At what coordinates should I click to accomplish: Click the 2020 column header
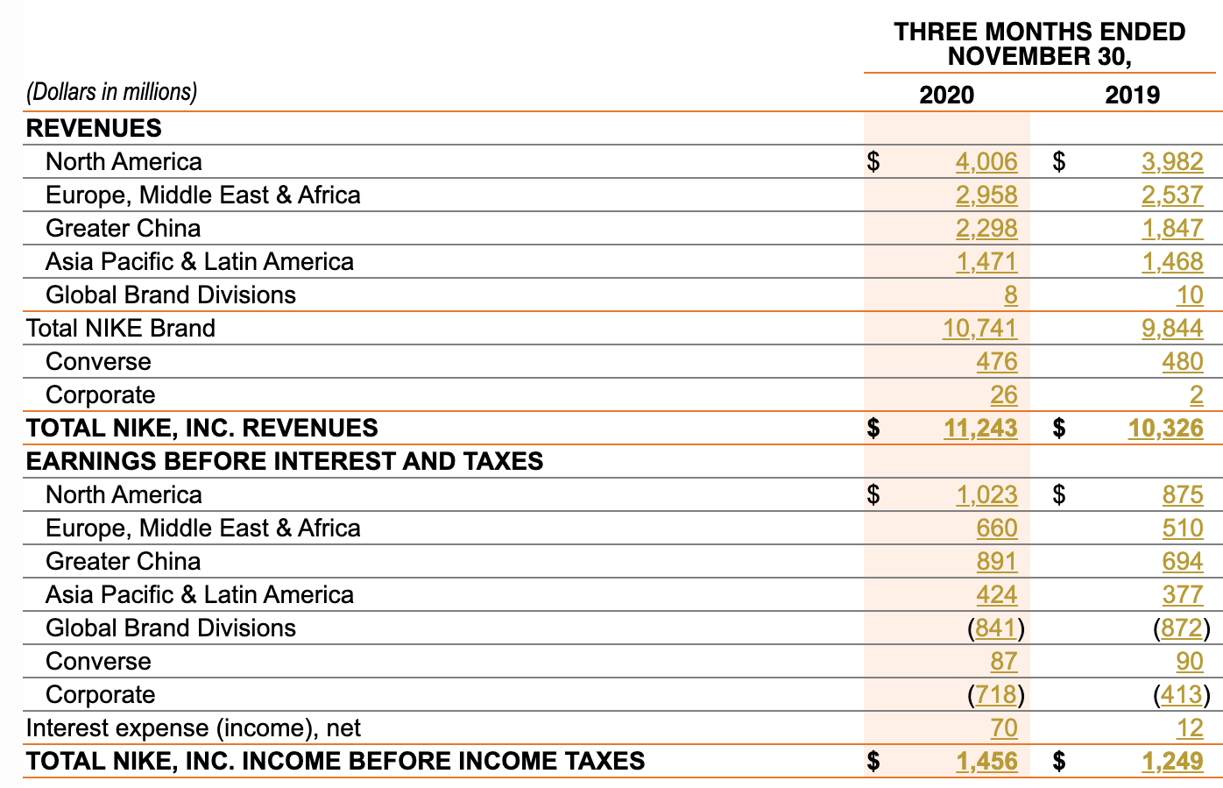coord(946,95)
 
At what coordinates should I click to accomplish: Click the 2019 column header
coord(1132,95)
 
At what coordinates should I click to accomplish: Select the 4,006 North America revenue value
coord(986,161)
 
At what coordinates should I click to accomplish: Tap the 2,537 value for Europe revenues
coord(1172,195)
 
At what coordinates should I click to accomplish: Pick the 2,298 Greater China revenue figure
coord(986,228)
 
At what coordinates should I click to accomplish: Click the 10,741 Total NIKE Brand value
coord(979,328)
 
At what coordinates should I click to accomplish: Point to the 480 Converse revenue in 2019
coord(1183,361)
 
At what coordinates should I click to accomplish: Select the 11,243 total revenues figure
coord(980,428)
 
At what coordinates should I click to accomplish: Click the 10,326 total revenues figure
coord(1166,428)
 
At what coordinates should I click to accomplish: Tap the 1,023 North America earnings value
coord(986,494)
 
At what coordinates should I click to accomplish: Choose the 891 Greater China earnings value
coord(997,561)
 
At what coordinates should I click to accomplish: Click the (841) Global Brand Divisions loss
coord(997,628)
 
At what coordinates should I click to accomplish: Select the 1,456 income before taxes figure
coord(986,761)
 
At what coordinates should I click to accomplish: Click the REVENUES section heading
coord(94,128)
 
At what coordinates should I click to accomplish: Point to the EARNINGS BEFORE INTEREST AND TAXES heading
coord(285,461)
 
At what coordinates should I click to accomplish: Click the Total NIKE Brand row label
coord(121,328)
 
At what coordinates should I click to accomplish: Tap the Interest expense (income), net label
coord(193,728)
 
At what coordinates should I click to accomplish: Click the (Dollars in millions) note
coord(112,92)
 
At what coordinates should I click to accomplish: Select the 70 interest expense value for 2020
coord(1004,728)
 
